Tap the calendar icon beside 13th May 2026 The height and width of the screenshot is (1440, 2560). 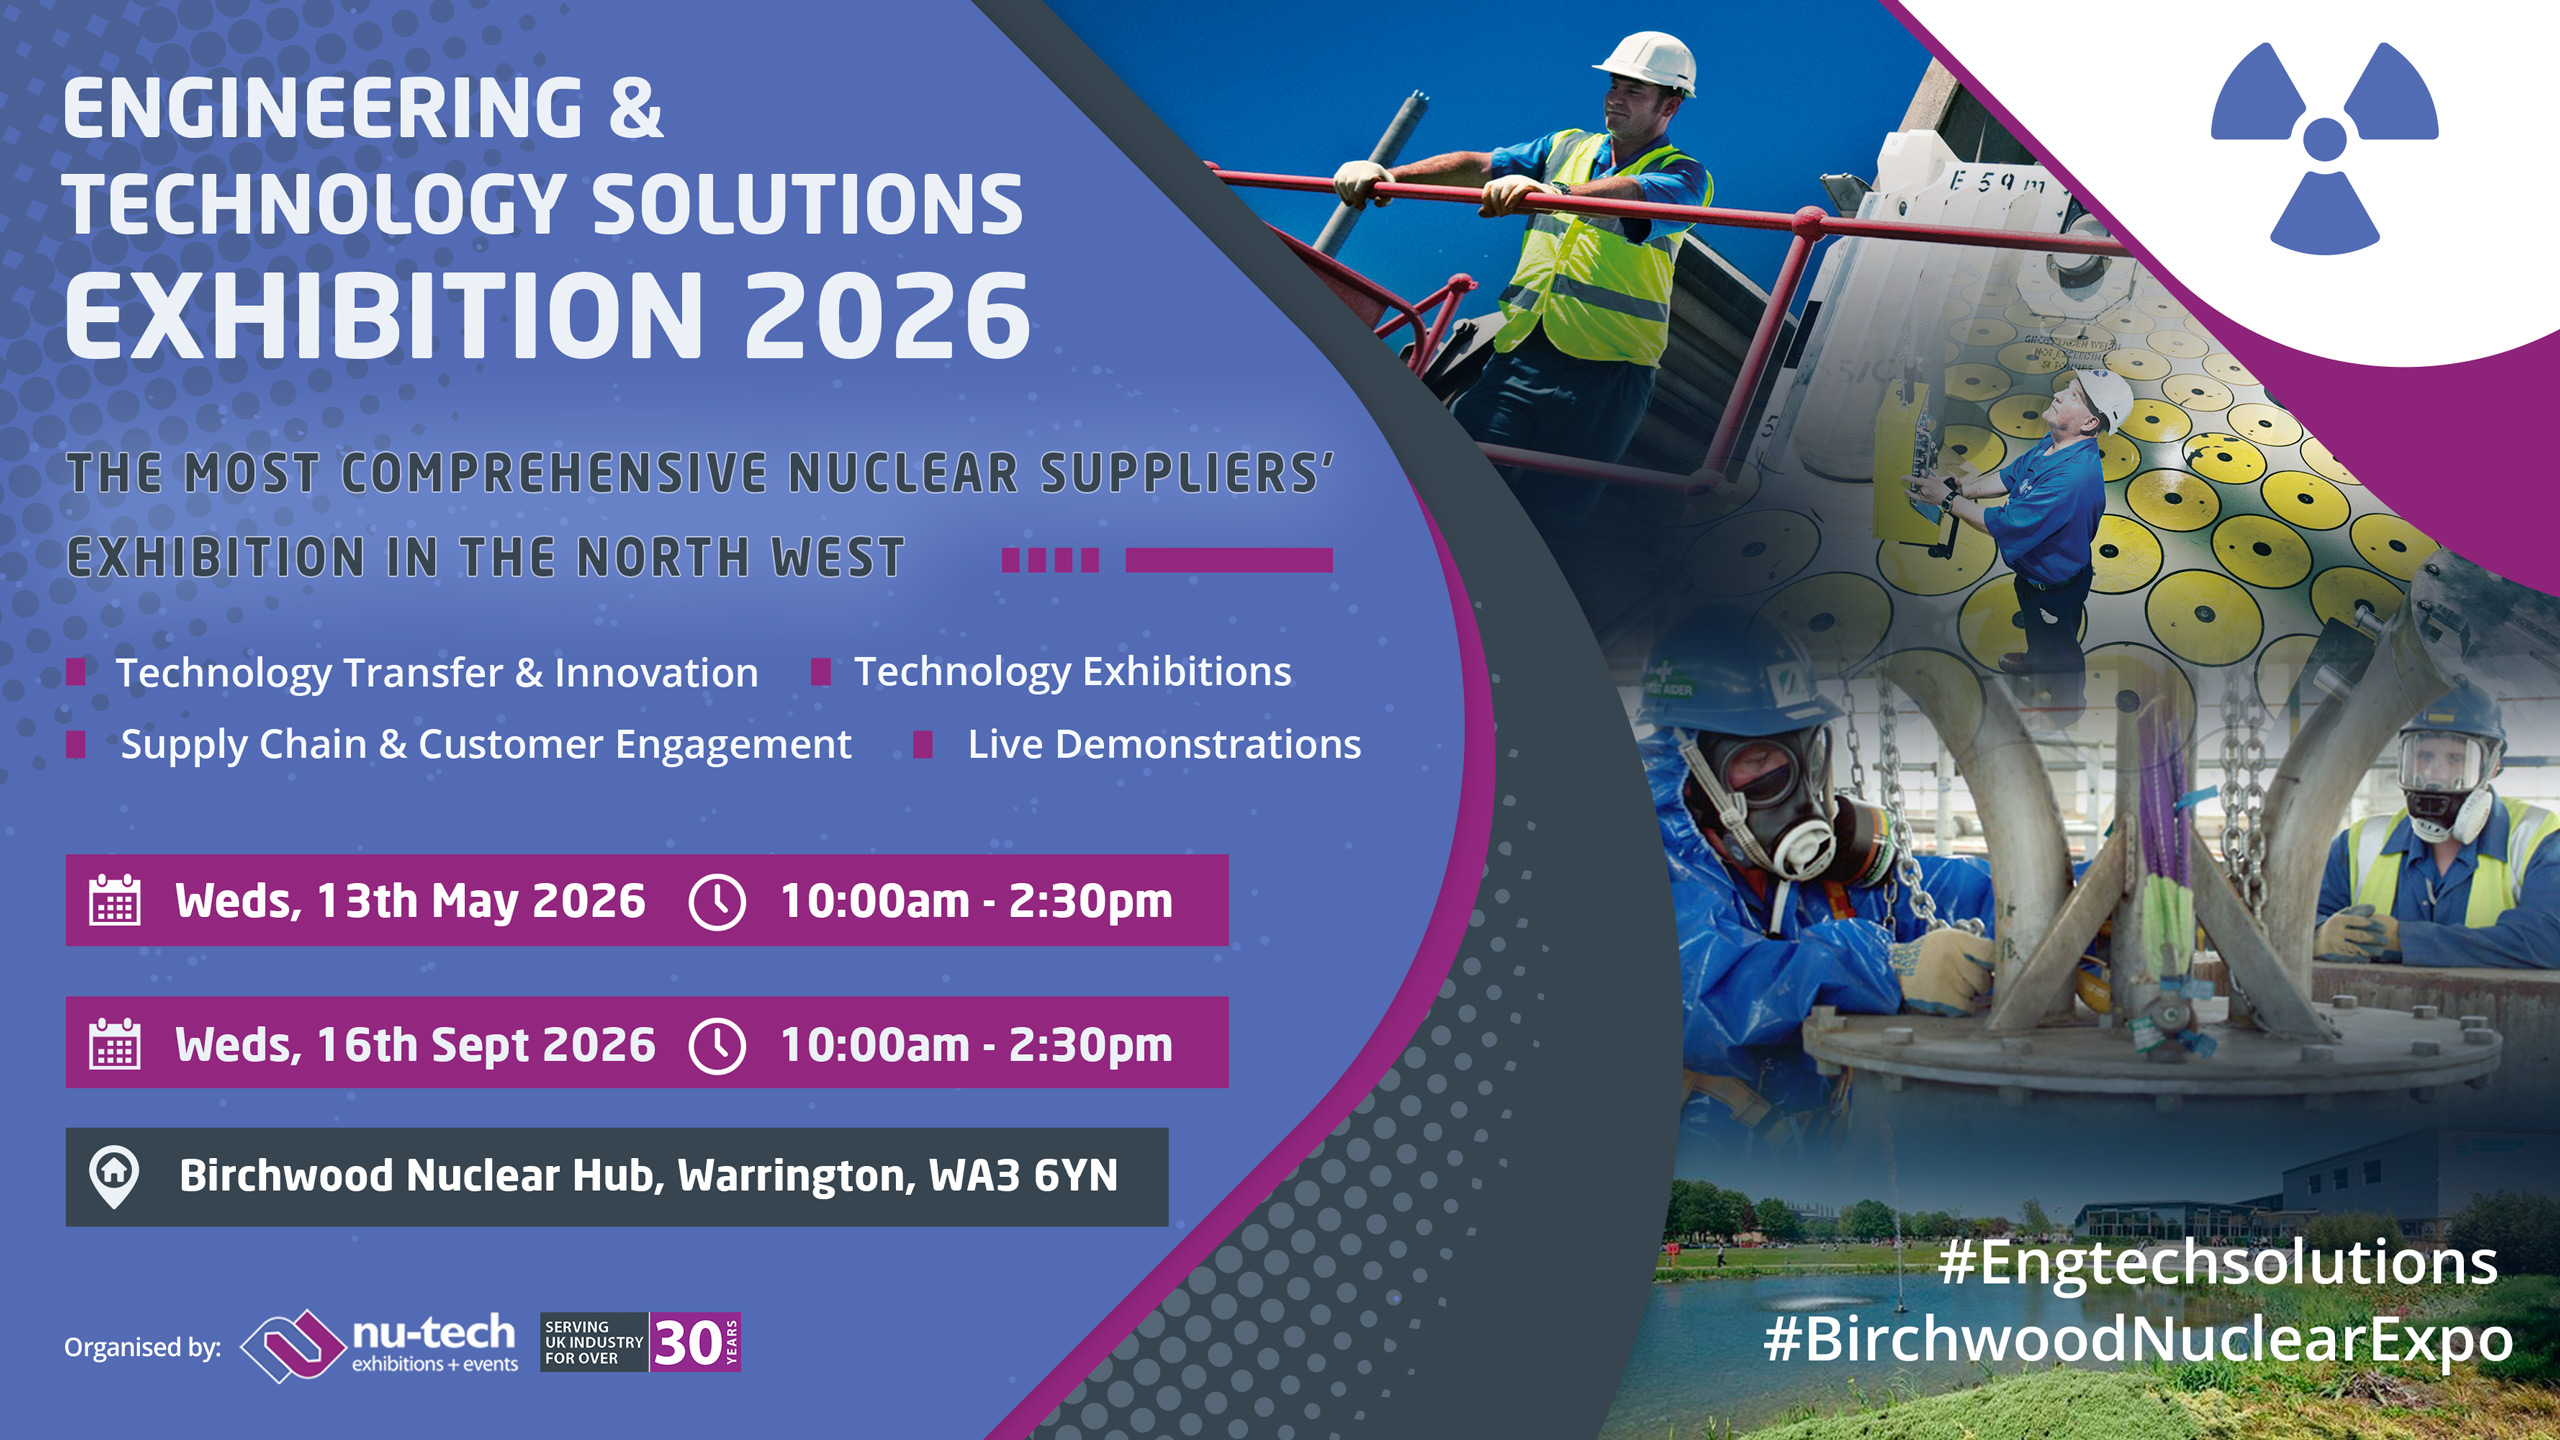tap(115, 900)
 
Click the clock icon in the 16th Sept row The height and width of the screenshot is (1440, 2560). tap(717, 1045)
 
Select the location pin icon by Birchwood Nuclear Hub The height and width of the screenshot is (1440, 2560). tap(114, 1176)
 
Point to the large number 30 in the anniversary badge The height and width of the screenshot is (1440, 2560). tap(688, 1343)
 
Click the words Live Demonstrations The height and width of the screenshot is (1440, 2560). tap(1164, 745)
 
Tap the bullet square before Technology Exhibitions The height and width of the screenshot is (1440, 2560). tap(821, 671)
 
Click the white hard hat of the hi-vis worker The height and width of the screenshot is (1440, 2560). tap(1648, 62)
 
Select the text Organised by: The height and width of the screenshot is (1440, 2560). tap(143, 1348)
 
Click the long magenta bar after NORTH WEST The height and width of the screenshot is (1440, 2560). tap(1229, 560)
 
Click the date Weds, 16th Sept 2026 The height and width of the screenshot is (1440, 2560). tap(415, 1045)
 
